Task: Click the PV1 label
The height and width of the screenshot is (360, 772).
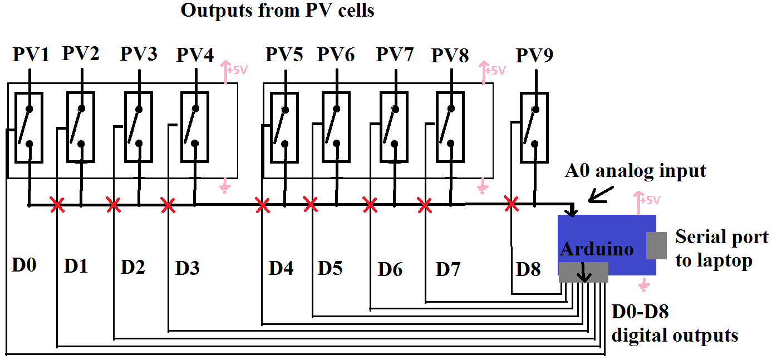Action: pos(31,56)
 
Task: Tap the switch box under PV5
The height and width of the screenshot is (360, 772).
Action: pos(284,127)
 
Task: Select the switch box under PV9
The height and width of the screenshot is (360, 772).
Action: pos(534,127)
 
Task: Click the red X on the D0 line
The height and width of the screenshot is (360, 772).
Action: pos(57,206)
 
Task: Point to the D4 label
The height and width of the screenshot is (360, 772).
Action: pos(281,268)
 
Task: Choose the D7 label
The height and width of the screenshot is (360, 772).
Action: pos(448,269)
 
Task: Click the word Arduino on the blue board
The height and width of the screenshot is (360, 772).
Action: pos(597,249)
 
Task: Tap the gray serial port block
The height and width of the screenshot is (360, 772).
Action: pos(657,245)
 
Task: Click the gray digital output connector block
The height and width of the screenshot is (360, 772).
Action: pos(583,272)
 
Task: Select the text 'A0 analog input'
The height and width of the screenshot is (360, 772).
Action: pos(636,171)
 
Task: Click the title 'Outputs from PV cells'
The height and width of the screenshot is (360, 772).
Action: pos(277,11)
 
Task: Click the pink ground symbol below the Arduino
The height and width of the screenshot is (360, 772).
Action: pos(644,285)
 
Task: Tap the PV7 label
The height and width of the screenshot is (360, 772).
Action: pos(395,55)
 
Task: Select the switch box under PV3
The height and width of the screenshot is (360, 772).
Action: pos(138,127)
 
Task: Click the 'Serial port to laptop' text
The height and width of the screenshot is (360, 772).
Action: pos(722,248)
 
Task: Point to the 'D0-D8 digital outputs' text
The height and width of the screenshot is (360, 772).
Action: pos(675,324)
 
